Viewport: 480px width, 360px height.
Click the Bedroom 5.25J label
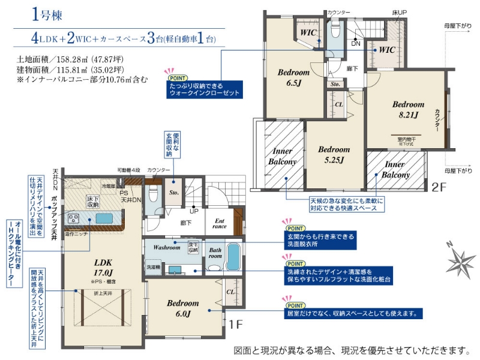[x=334, y=154]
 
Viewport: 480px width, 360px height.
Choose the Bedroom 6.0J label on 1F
[x=183, y=308]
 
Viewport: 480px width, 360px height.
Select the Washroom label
[x=166, y=247]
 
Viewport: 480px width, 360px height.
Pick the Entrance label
[x=219, y=223]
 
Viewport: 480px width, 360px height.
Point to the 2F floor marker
[x=439, y=187]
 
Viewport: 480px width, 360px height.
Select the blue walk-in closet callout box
[x=204, y=90]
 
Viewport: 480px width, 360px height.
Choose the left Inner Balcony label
[x=282, y=157]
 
